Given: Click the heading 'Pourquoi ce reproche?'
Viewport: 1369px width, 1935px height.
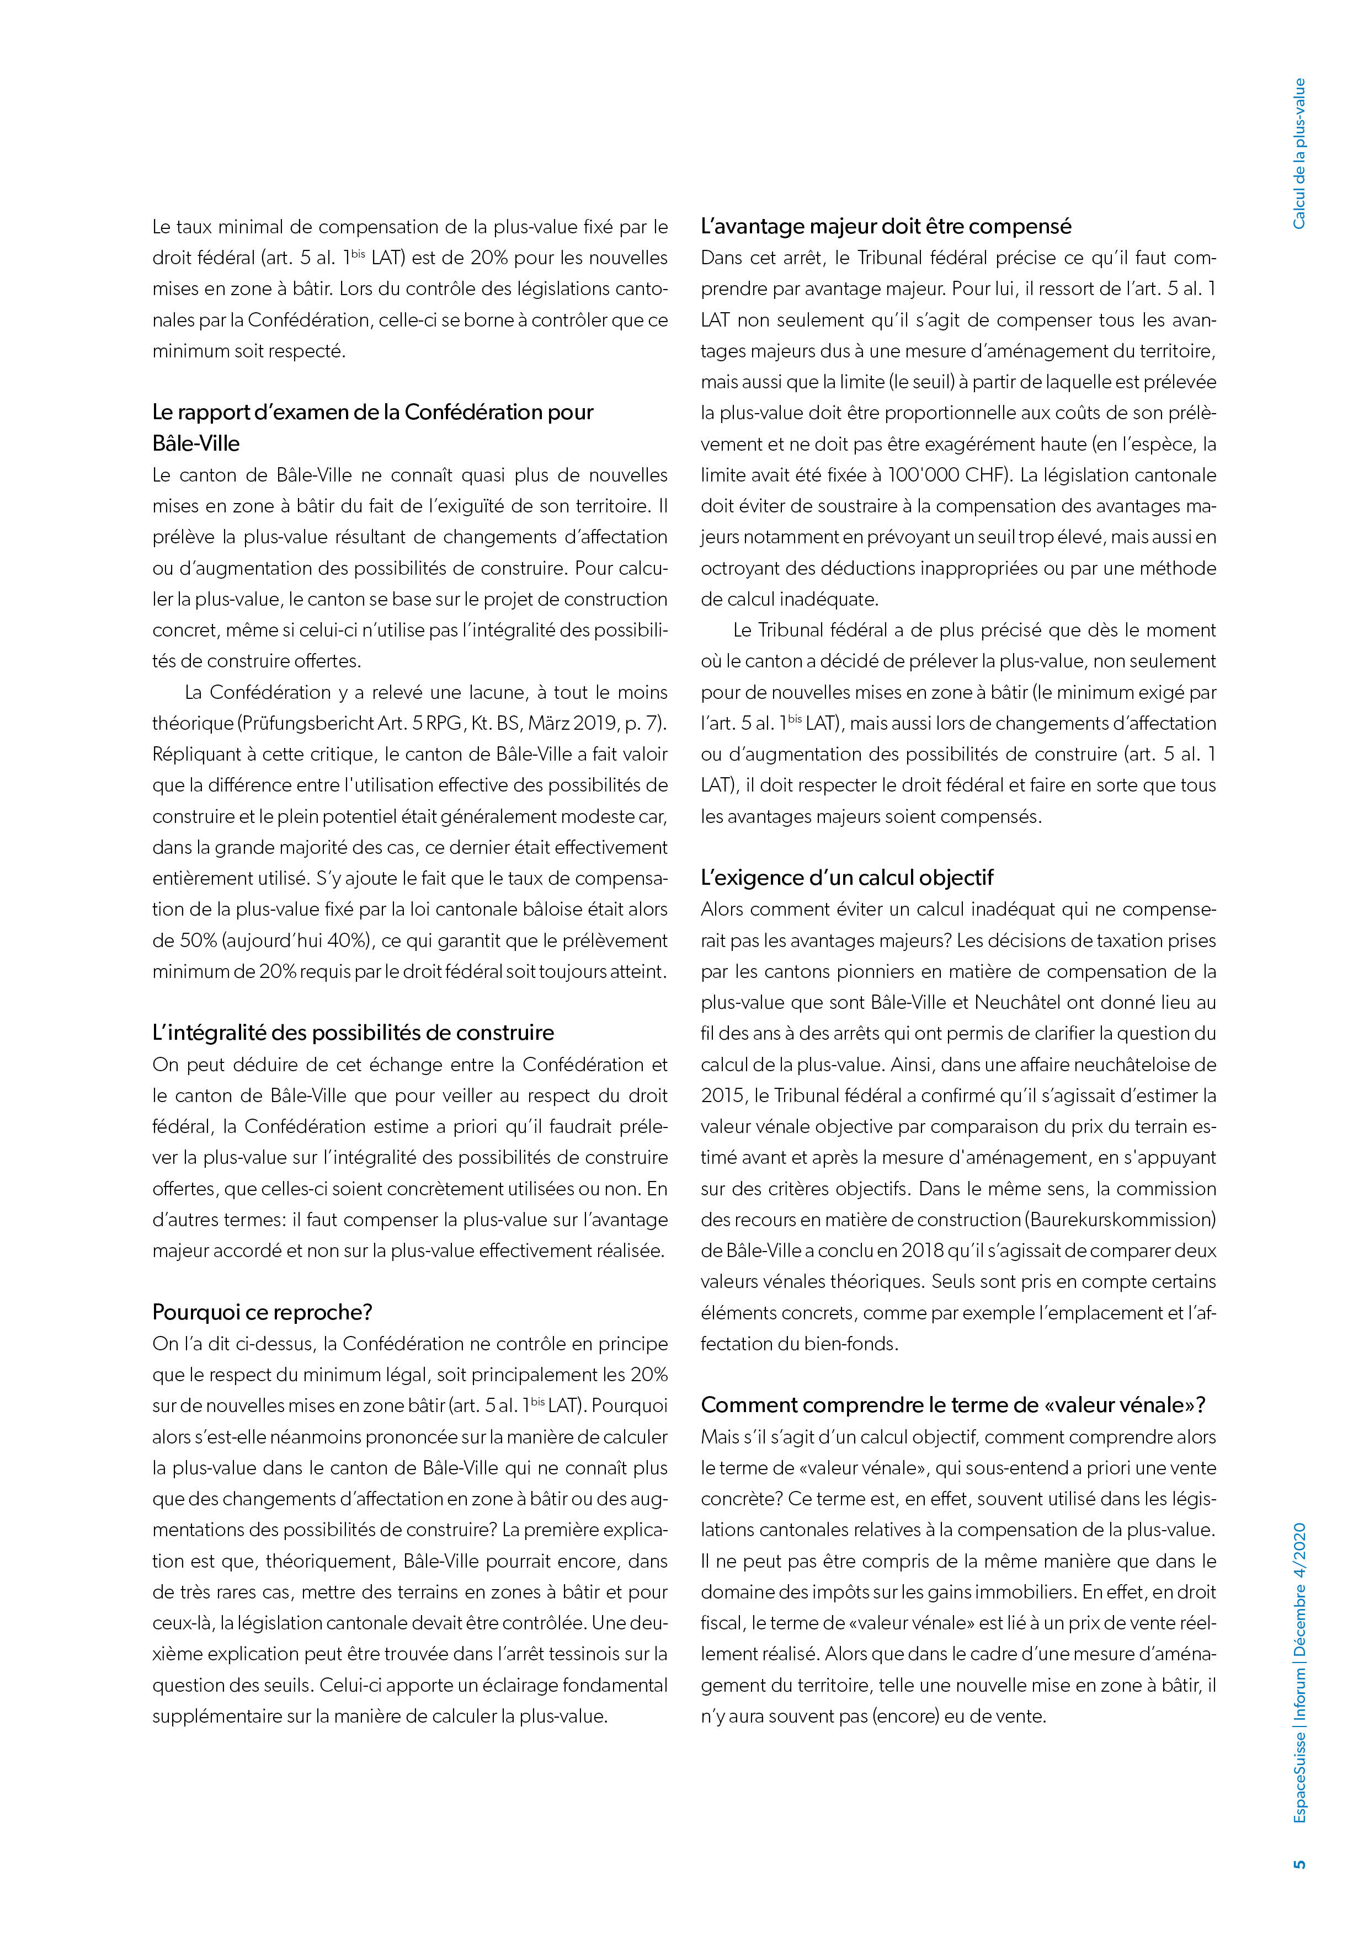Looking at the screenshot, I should [262, 1312].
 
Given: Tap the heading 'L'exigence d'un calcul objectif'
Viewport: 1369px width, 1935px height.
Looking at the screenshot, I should [846, 878].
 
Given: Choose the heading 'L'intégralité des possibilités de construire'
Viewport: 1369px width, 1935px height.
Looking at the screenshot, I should [353, 1033].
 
